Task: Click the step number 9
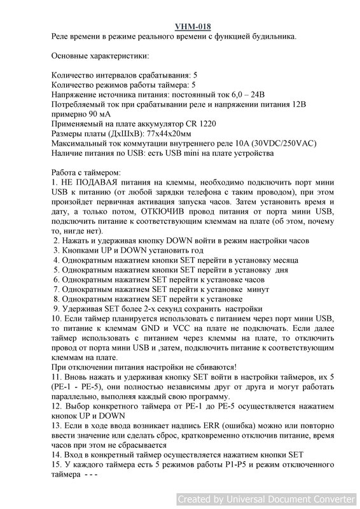click(x=55, y=308)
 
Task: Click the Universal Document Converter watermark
click(x=267, y=498)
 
